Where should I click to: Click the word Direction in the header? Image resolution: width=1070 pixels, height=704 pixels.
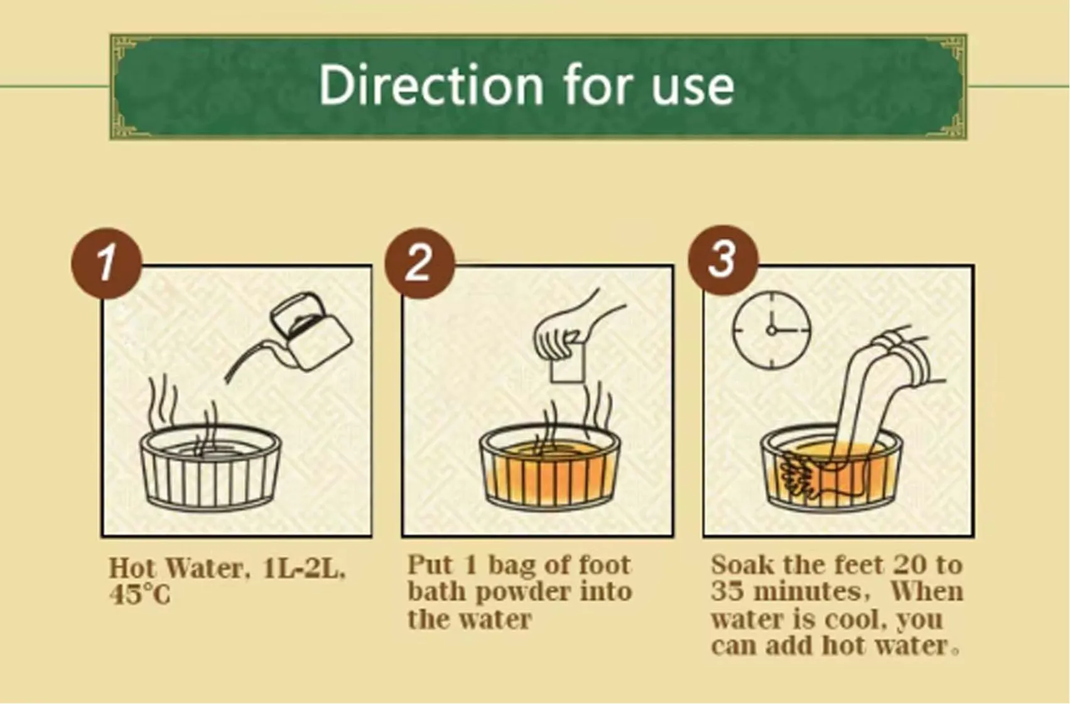point(431,85)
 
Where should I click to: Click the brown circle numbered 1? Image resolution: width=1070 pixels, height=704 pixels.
point(107,263)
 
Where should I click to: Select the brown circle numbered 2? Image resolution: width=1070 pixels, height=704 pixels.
point(419,263)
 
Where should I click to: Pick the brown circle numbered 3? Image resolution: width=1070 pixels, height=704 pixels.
point(723,261)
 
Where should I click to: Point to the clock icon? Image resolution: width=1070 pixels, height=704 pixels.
point(772,330)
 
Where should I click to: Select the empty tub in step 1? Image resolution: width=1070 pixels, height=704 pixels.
point(210,469)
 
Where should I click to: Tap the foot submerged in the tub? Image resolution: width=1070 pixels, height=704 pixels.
point(812,478)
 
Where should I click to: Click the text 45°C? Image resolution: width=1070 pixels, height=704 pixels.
point(139,595)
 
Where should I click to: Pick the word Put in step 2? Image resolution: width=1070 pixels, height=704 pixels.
point(430,565)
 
